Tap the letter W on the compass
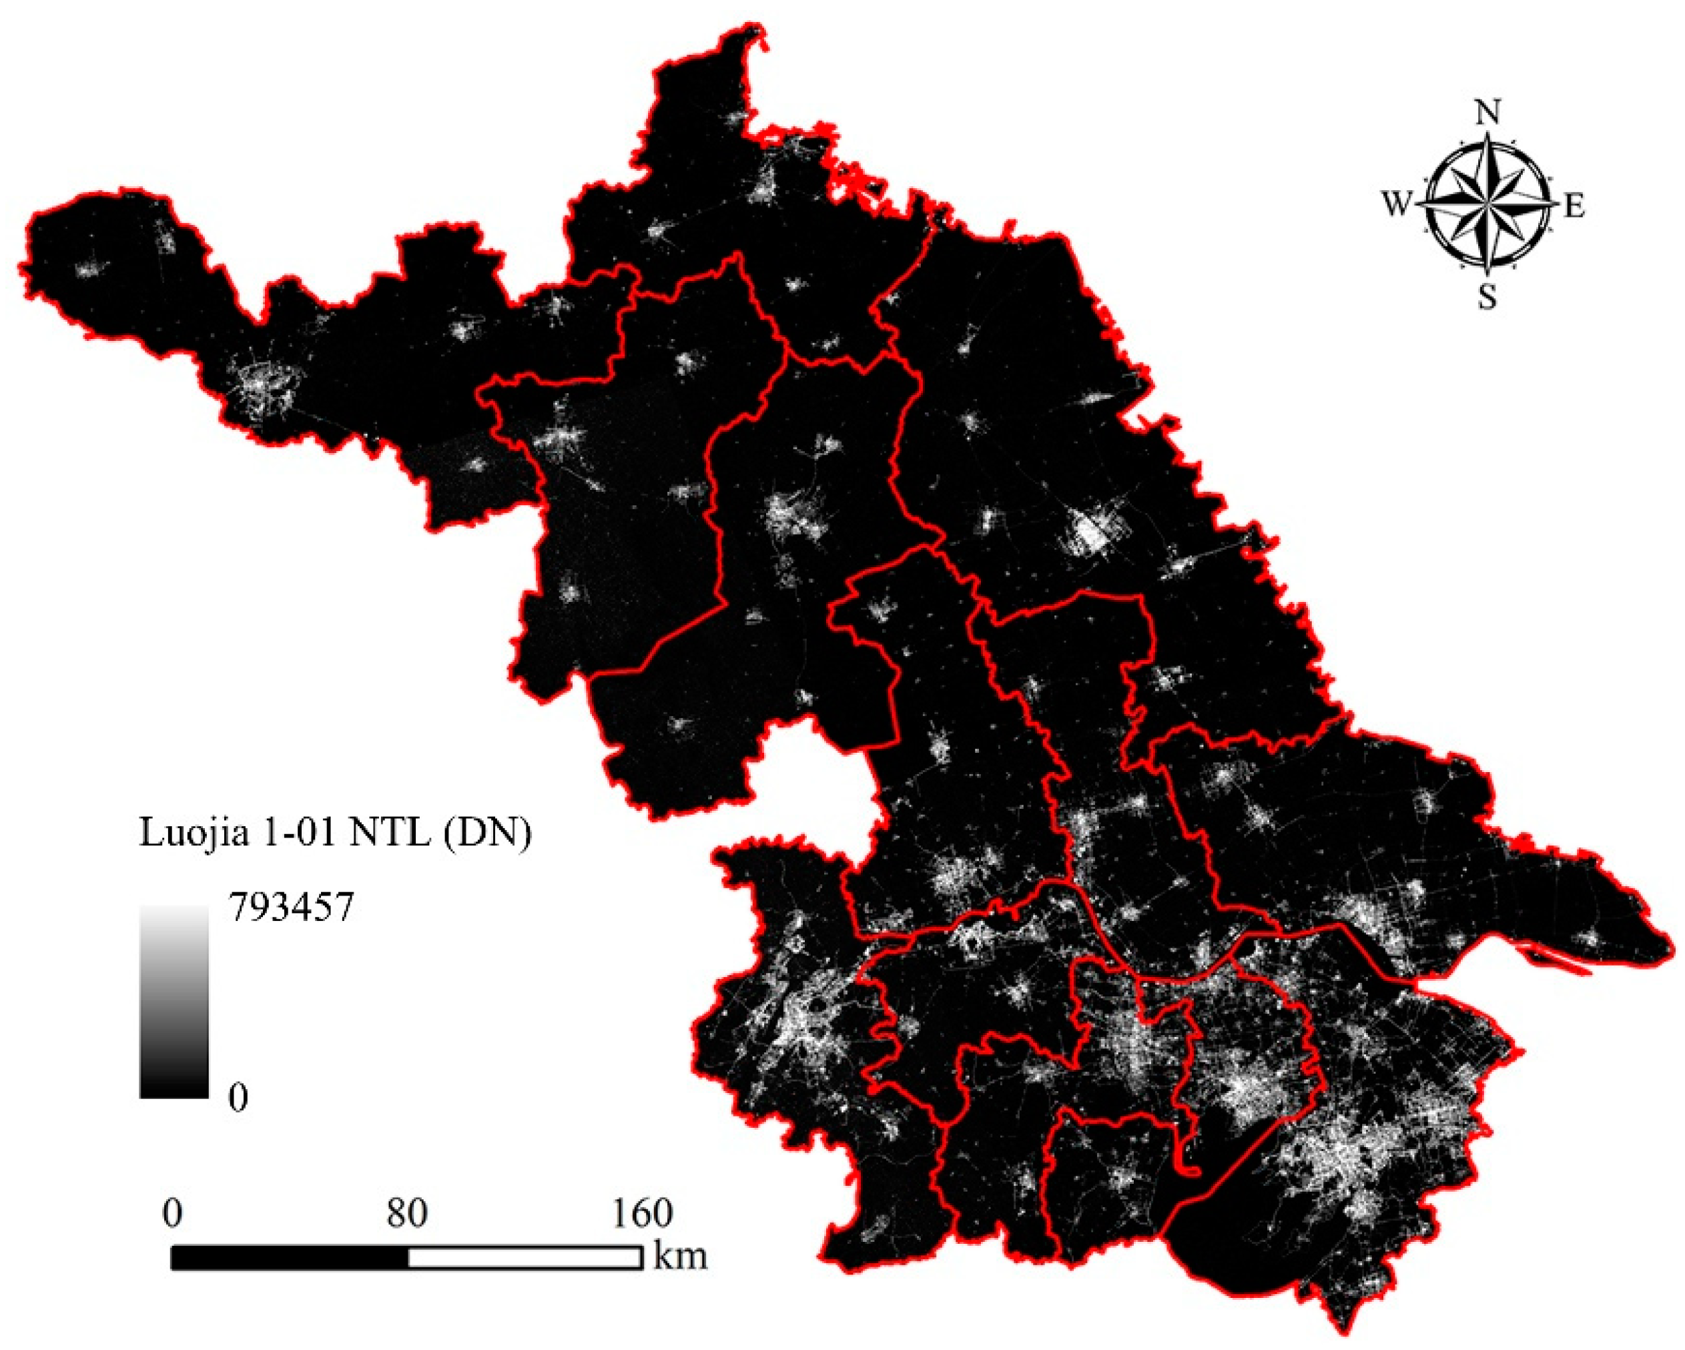click(x=1398, y=206)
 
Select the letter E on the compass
click(x=1574, y=207)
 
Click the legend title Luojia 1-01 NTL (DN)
click(x=335, y=833)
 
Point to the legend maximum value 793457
click(x=292, y=908)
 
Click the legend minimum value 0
click(x=238, y=1098)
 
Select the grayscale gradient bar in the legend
click(x=174, y=1002)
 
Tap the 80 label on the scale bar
click(x=406, y=1214)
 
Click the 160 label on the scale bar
click(x=642, y=1214)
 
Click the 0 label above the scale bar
click(x=173, y=1214)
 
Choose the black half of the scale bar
click(x=289, y=1258)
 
